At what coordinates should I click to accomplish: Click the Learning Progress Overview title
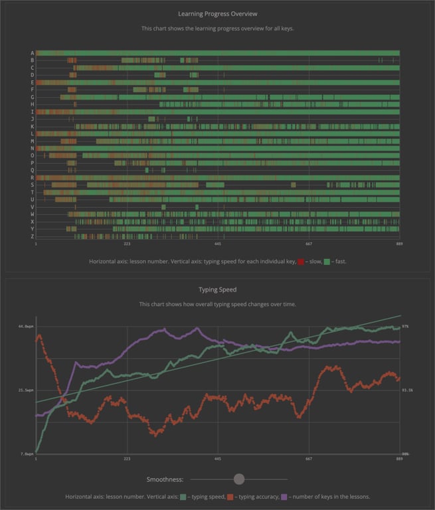coord(217,13)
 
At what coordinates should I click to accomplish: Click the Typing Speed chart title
coord(217,290)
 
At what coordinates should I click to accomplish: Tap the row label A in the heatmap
coord(32,53)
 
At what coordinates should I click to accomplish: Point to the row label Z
coord(32,236)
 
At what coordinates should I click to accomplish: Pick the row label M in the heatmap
coord(32,141)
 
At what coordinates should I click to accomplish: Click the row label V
coord(32,207)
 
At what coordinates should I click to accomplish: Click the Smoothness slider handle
coord(239,479)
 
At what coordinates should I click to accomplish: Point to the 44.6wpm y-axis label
coord(25,327)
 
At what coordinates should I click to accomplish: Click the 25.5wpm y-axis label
coord(25,390)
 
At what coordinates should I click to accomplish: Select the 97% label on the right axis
coord(405,327)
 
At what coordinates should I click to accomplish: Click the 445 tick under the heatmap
coord(218,244)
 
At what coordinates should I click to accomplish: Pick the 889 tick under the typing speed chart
coord(399,459)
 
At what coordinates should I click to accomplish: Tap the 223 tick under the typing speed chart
coord(126,459)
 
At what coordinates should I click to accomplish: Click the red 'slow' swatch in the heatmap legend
coord(301,262)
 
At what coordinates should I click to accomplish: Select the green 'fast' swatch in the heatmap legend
coord(327,262)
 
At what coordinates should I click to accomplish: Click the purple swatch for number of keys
coord(285,497)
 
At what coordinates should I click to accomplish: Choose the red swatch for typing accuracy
coord(230,497)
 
